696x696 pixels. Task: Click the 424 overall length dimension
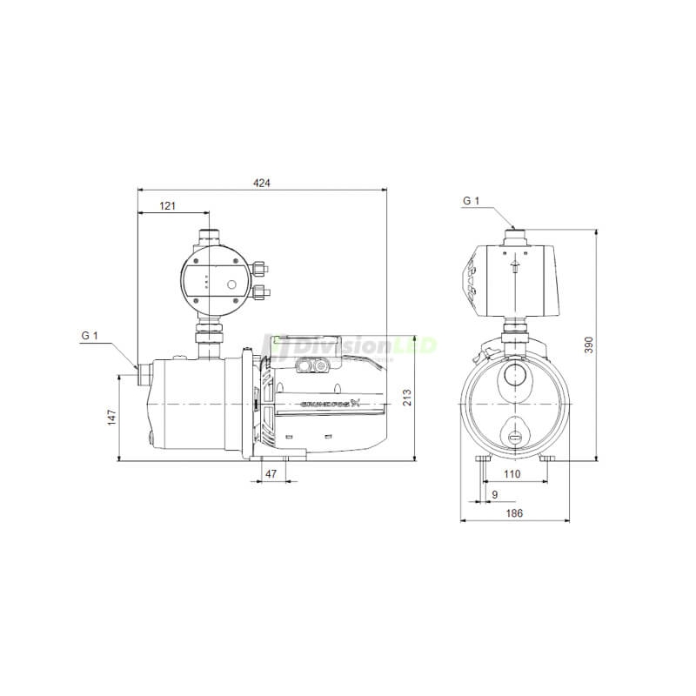click(262, 183)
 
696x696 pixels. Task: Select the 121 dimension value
click(168, 206)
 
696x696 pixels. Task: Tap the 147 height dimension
click(111, 418)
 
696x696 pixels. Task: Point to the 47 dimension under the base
click(271, 474)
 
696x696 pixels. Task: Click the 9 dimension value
click(495, 494)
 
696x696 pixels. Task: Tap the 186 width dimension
click(514, 514)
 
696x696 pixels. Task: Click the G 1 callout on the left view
click(89, 336)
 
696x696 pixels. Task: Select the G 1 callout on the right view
click(471, 201)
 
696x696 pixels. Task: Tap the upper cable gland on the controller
click(261, 266)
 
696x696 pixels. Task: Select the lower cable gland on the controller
click(261, 291)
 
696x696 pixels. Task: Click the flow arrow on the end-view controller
click(514, 264)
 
